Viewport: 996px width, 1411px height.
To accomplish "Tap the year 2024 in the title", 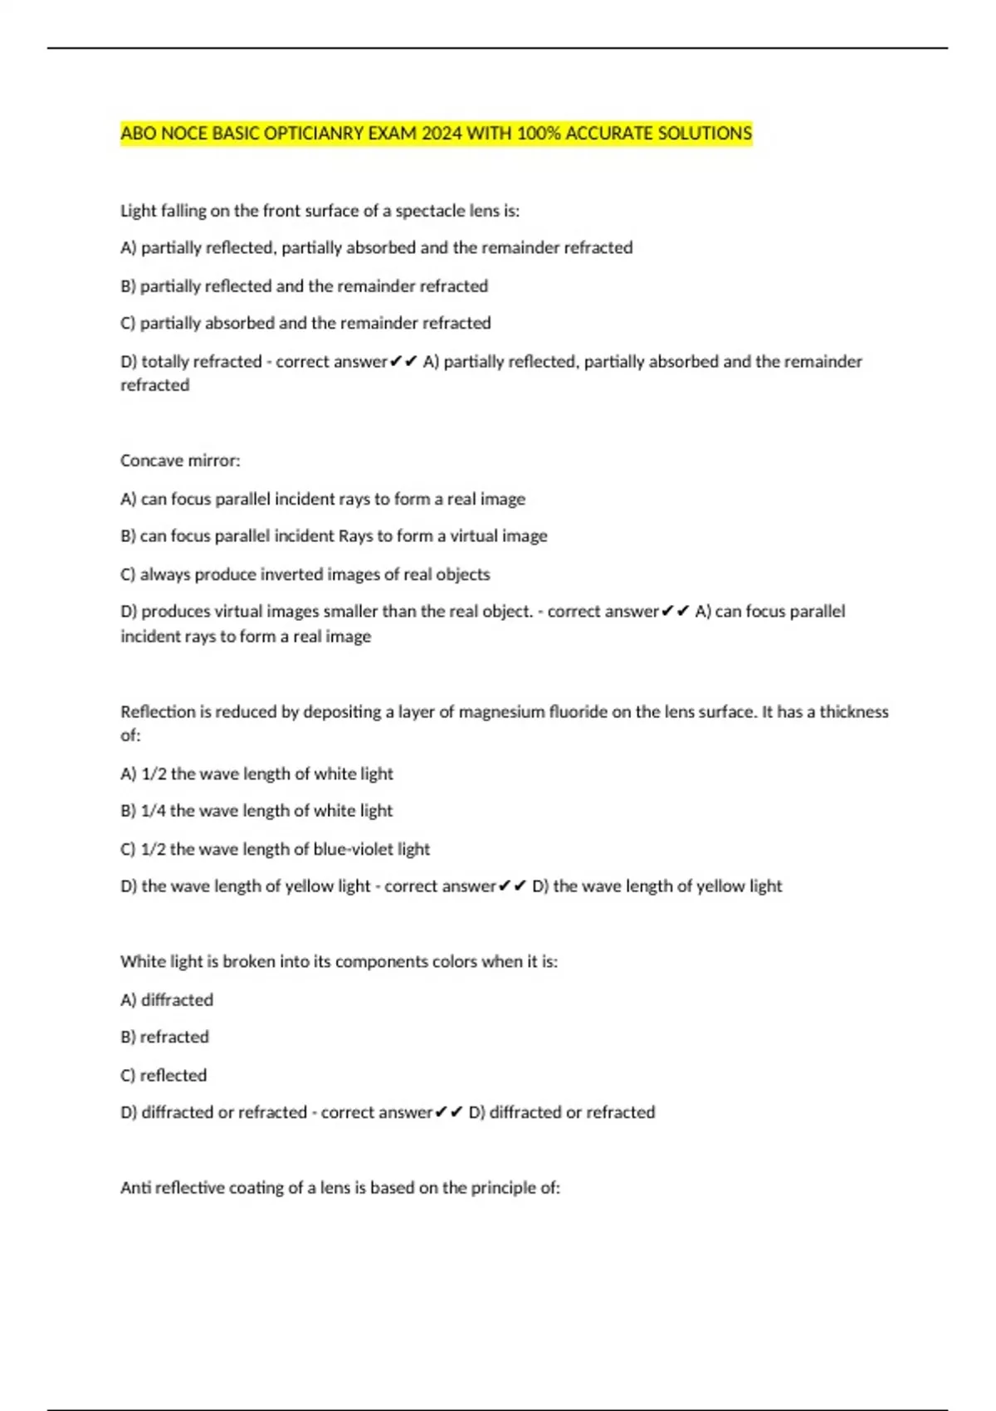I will [x=442, y=134].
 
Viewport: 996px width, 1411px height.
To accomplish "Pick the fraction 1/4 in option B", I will [x=154, y=811].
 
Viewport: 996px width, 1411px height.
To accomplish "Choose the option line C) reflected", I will [x=164, y=1076].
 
